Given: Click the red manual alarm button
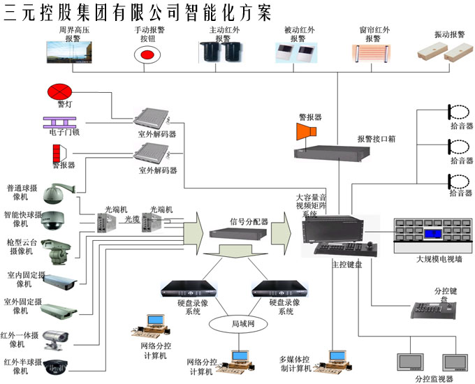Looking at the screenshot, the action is point(147,55).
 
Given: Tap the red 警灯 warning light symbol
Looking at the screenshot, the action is point(59,91).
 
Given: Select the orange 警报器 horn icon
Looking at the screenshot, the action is point(306,131).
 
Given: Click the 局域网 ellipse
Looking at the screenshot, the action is point(238,324).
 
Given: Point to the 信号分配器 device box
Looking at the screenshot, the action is point(238,234).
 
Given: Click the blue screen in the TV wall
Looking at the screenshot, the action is point(433,234).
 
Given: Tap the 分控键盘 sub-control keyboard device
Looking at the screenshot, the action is point(434,310).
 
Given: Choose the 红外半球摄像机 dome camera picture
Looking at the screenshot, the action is point(55,367).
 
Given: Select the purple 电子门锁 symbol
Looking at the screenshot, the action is point(59,123).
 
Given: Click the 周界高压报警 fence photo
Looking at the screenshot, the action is point(69,52).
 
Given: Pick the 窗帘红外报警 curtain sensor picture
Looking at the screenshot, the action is point(371,54).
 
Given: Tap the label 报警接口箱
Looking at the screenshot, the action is point(377,139).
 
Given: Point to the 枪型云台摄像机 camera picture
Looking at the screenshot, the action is point(57,251).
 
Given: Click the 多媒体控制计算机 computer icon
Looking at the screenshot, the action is point(332,362).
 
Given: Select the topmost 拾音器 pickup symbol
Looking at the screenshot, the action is point(459,112).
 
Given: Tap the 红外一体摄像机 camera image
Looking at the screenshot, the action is point(55,340).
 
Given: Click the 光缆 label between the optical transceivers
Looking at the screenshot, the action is point(133,219).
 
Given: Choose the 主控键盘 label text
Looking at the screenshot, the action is point(347,265).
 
